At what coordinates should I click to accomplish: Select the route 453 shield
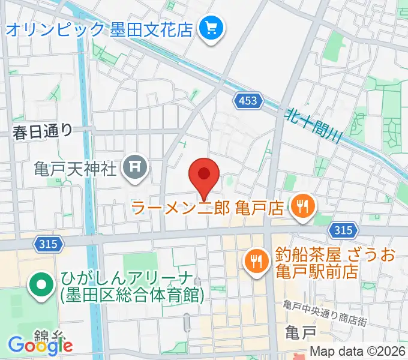(248, 100)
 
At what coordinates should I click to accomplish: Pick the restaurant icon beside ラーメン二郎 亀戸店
(299, 208)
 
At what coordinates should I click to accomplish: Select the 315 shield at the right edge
(342, 229)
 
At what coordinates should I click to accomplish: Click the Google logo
(40, 344)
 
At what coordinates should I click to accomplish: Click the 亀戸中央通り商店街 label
(325, 306)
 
